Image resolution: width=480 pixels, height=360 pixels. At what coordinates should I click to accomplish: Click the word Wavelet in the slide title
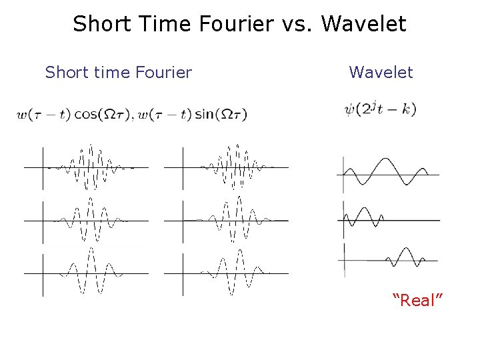(x=363, y=24)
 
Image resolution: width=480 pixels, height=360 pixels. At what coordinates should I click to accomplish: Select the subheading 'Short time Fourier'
(x=118, y=72)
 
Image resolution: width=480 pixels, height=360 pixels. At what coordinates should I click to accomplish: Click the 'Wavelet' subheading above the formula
(x=381, y=72)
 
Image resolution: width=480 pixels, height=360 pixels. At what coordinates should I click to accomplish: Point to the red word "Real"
(x=418, y=301)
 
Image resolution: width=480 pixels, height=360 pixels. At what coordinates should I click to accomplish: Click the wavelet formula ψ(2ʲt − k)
(x=380, y=109)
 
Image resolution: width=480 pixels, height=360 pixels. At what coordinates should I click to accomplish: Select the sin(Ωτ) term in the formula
(x=221, y=115)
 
